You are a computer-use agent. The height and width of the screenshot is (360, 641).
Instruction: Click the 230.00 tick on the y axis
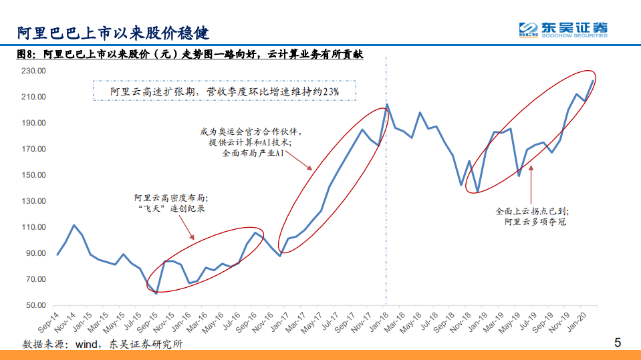click(32, 71)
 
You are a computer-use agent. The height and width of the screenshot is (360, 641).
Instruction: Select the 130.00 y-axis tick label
click(32, 201)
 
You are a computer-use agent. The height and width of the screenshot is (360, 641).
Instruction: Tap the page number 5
click(618, 343)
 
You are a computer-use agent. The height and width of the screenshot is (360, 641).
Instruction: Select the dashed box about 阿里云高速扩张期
click(225, 91)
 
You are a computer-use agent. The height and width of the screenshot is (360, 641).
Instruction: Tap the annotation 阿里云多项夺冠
click(535, 222)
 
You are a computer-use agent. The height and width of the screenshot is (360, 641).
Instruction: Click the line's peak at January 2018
click(387, 104)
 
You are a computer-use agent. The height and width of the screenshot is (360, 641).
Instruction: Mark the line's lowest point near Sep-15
click(156, 293)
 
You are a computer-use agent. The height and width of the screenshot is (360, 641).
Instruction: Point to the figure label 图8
click(26, 55)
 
